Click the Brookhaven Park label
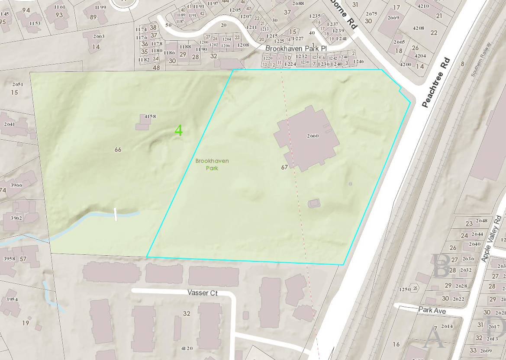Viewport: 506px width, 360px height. point(212,164)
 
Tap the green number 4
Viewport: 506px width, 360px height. point(179,130)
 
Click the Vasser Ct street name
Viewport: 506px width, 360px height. point(203,293)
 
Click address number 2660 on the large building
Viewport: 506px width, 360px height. point(313,136)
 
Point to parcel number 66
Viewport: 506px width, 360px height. point(118,150)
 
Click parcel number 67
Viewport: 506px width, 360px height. point(284,167)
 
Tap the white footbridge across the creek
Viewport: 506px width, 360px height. point(116,214)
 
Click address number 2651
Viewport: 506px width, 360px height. point(18,84)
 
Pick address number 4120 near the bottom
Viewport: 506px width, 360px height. point(187,348)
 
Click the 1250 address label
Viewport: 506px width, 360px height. point(404,289)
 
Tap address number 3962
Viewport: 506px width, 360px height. point(16,218)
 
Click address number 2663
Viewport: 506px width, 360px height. point(99,36)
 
